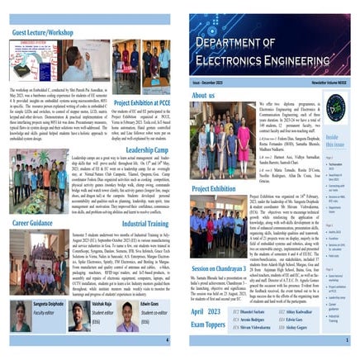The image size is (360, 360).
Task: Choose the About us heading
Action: [x=203, y=96]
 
